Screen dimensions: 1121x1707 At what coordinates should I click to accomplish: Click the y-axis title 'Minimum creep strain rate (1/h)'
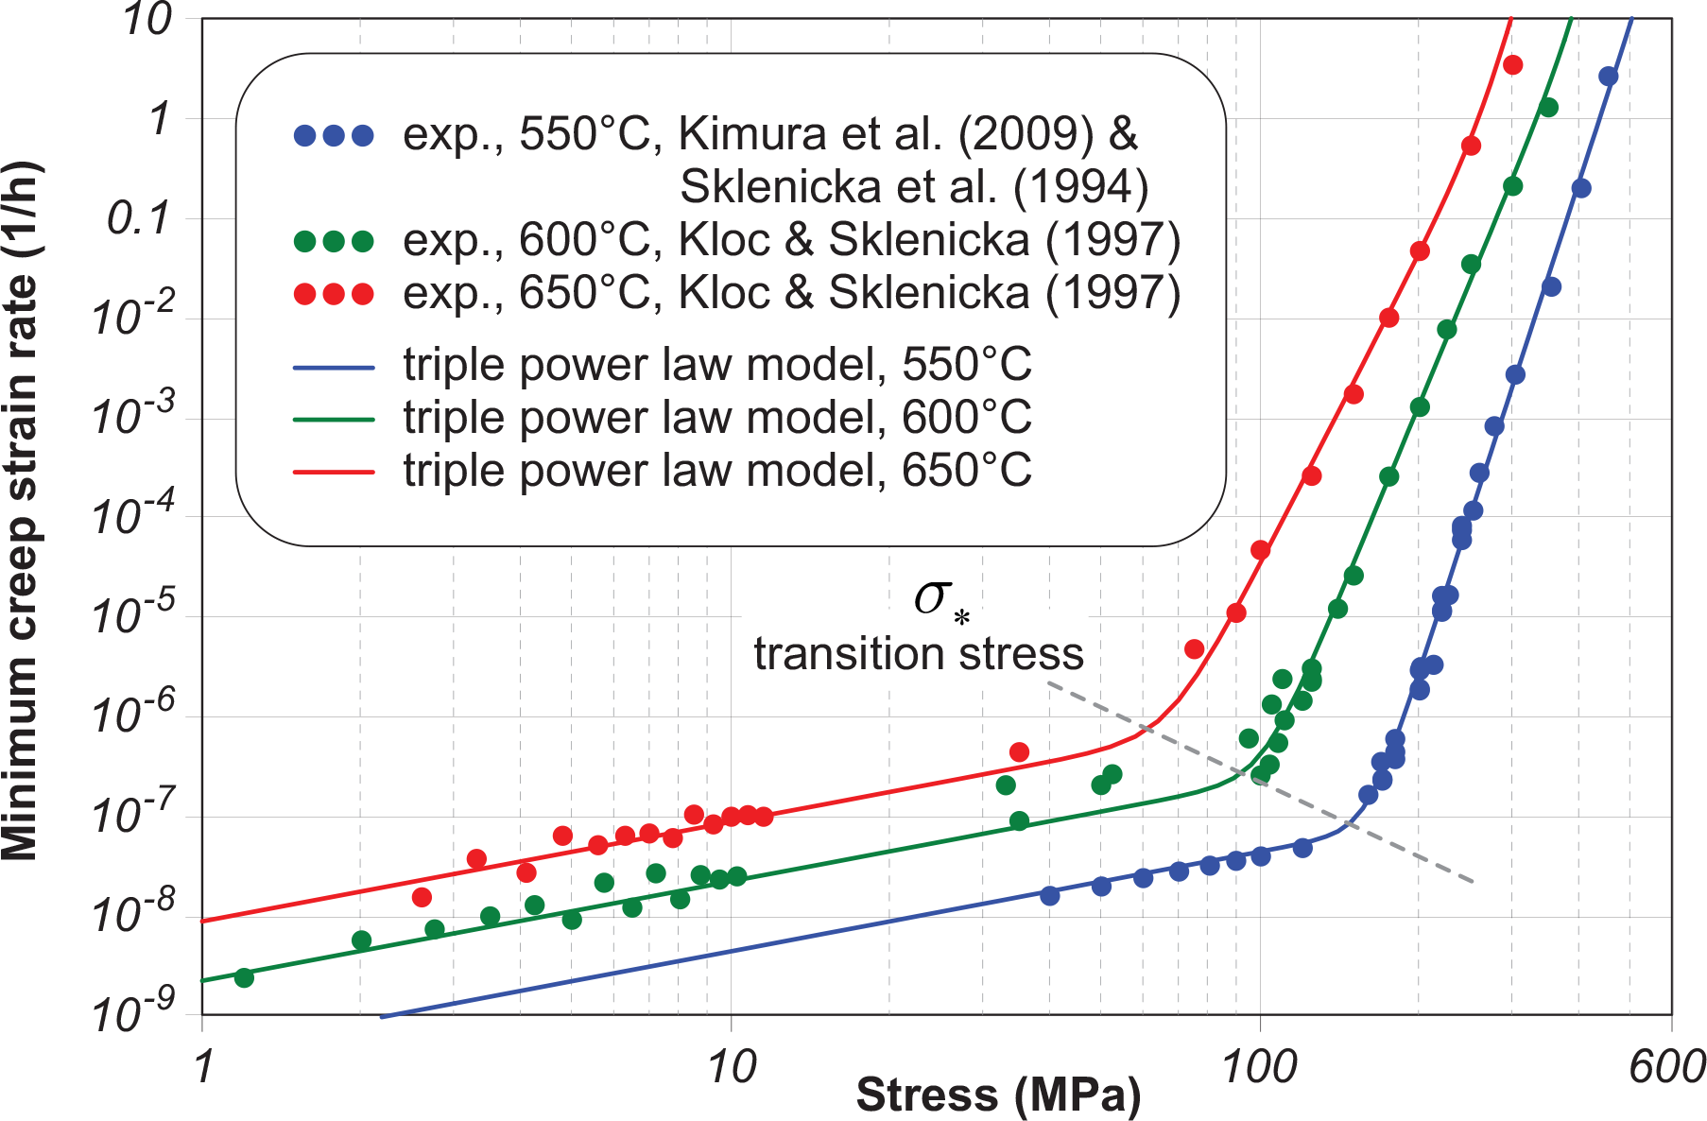[x=21, y=510]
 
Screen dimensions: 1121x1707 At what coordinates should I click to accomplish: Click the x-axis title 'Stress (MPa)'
[x=998, y=1095]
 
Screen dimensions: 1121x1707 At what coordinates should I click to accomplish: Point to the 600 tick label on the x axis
[x=1666, y=1067]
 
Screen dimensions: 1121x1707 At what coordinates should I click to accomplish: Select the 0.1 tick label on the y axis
[x=138, y=218]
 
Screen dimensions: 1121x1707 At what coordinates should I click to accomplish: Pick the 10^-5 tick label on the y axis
[x=132, y=615]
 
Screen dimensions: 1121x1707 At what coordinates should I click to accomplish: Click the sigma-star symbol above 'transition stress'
[x=940, y=599]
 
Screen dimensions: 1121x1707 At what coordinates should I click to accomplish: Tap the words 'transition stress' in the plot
[x=918, y=654]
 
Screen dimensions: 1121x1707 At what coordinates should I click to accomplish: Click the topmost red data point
[x=1512, y=65]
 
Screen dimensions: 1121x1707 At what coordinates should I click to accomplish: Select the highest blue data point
[x=1608, y=77]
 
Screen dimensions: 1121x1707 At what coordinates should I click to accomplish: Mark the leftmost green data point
[x=244, y=977]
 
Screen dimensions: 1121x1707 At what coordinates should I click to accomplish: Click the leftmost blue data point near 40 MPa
[x=1049, y=895]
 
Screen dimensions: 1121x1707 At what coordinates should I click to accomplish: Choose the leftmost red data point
[x=422, y=897]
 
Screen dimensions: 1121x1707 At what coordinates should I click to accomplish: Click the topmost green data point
[x=1548, y=108]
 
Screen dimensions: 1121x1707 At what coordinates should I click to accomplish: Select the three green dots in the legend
[x=334, y=241]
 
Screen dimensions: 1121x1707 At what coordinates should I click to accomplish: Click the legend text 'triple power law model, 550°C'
[x=716, y=365]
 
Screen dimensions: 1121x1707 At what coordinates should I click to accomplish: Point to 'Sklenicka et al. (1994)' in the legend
[x=913, y=187]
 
